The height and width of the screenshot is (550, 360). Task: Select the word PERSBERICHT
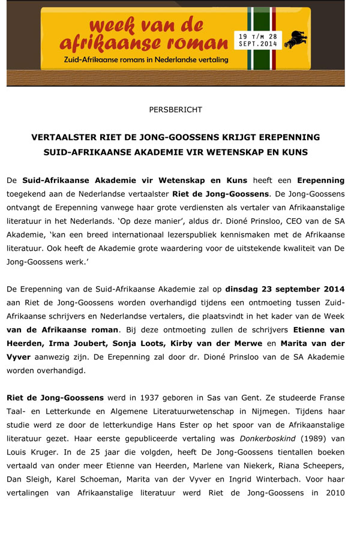(x=176, y=110)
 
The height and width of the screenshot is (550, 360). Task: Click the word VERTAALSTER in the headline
(x=62, y=137)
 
